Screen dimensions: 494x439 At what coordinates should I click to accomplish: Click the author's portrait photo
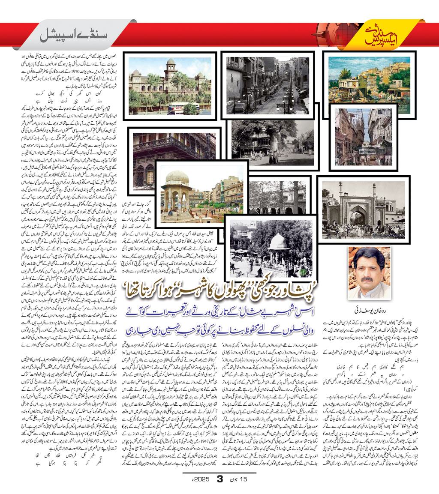click(369, 272)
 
